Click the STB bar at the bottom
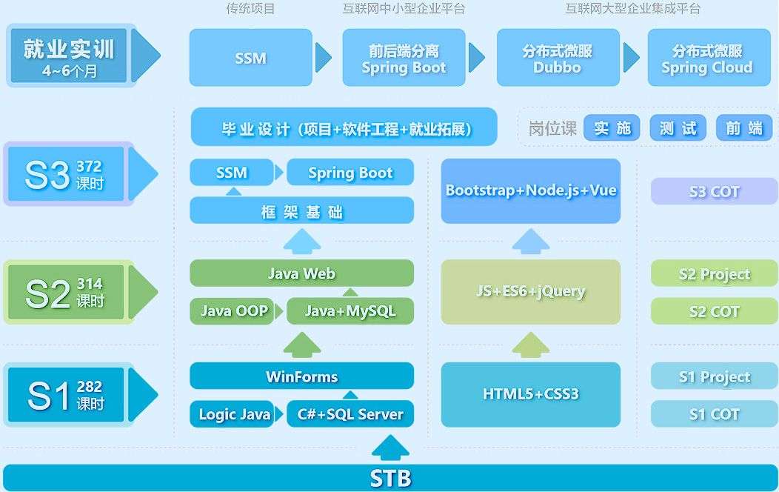389,478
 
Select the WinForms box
301,376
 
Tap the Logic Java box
234,414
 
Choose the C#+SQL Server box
350,414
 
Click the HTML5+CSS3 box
530,394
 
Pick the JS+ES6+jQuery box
530,291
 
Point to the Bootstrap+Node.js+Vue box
530,190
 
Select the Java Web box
301,273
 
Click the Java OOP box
234,311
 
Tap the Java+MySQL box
350,311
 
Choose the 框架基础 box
301,212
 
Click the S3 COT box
714,191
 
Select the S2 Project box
714,274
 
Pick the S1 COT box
714,414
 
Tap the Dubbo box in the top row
557,58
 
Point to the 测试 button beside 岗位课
678,128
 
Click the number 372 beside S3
89,167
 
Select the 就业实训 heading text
69,50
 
